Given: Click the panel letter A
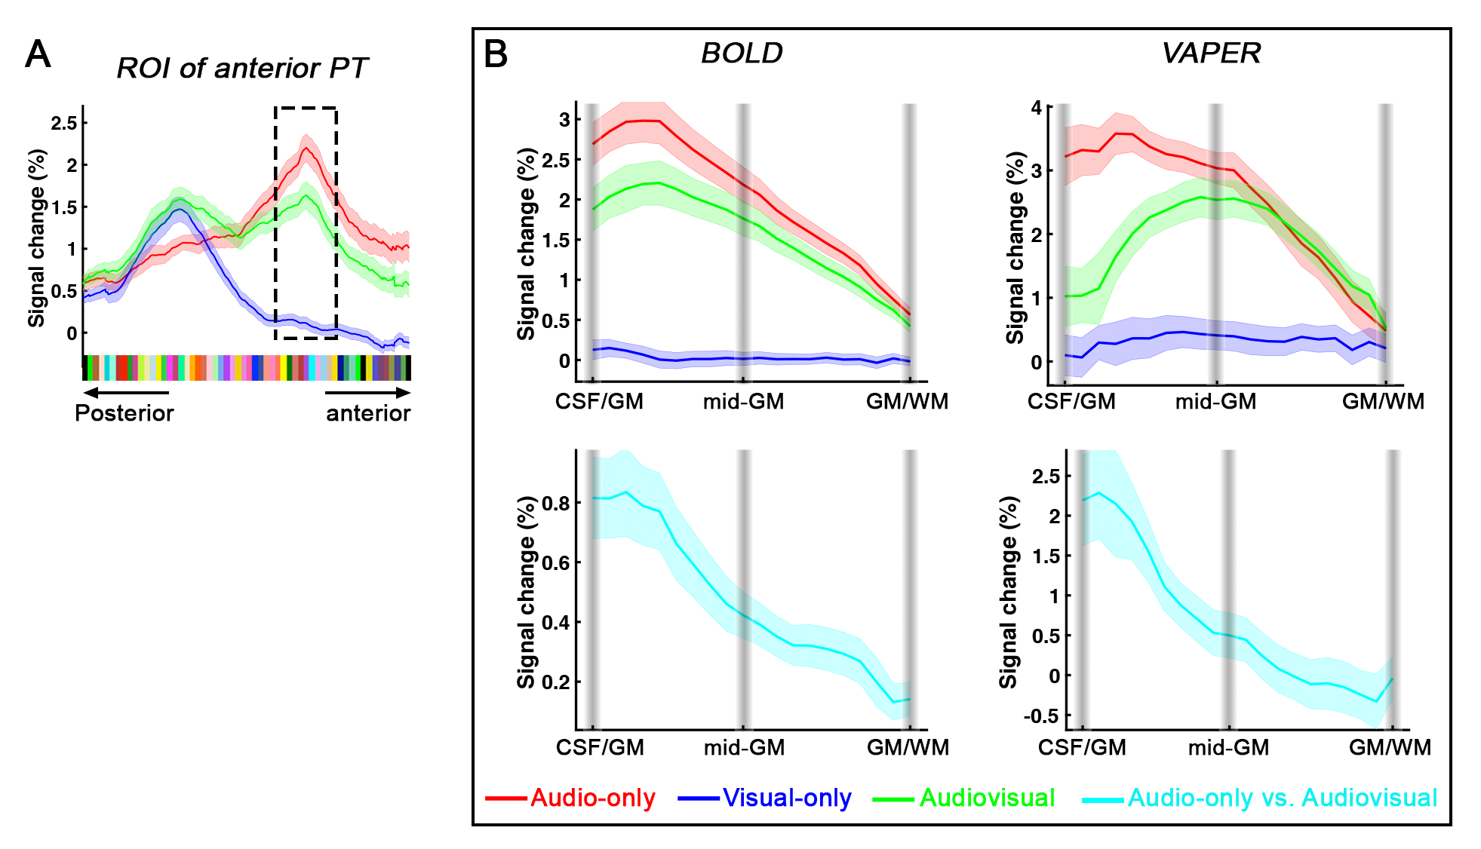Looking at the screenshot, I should pos(38,55).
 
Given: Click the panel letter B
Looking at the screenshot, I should pos(496,54).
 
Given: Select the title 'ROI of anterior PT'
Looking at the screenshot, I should pos(241,69).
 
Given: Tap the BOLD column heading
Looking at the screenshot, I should pos(742,54).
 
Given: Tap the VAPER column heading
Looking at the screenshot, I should pos(1211,54).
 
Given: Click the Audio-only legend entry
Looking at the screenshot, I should pos(570,798).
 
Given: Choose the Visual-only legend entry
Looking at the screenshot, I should pos(765,798).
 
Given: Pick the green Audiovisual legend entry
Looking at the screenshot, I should pos(964,798).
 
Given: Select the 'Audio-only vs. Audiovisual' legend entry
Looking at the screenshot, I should pos(1260,798).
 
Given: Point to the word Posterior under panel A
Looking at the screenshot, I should pos(124,413).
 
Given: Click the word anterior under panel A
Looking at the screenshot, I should pos(368,413).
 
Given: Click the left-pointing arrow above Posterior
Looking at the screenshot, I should pos(125,392).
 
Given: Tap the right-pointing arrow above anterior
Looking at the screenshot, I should pos(368,392).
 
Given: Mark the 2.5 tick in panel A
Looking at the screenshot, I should pos(64,123).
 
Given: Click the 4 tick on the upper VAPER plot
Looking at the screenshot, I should pos(1037,108).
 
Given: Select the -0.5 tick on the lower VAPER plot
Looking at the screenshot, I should pos(1041,716).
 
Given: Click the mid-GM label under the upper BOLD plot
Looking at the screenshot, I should pos(743,402).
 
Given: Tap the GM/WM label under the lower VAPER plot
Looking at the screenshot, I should pos(1390,747).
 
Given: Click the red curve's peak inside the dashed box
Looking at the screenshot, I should pos(306,148).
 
